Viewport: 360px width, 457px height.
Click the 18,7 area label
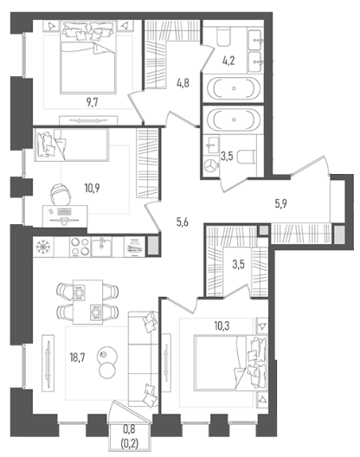tap(77, 357)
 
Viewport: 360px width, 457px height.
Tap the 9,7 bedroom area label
tap(92, 103)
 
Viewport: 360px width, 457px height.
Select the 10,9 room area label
tap(92, 189)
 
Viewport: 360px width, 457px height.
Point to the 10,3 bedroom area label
tap(222, 325)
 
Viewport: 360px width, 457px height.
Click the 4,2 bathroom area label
tap(228, 61)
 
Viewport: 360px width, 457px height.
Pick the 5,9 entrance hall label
tap(280, 203)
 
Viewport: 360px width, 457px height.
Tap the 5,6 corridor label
tap(183, 222)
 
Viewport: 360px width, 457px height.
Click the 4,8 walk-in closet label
tap(183, 83)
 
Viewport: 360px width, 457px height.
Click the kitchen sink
tap(101, 247)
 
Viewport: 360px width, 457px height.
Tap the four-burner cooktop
tap(80, 247)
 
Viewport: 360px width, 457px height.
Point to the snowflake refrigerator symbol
tap(43, 247)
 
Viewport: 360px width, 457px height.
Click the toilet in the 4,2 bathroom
tap(223, 37)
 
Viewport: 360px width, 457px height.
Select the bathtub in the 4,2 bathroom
tap(234, 88)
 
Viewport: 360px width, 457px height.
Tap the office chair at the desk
tap(61, 194)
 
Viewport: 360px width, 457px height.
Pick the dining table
tap(87, 302)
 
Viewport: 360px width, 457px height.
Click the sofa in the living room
tap(143, 359)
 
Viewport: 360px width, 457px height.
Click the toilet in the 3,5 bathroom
tap(247, 158)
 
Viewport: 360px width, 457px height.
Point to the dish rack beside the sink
tap(134, 247)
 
